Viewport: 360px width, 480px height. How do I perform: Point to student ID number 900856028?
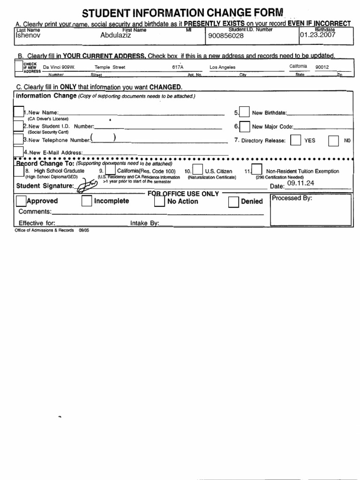[222, 36]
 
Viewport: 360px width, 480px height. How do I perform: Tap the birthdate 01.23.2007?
[318, 35]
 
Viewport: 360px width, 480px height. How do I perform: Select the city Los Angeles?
[222, 67]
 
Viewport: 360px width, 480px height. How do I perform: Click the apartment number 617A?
[178, 67]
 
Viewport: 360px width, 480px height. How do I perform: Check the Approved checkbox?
[21, 201]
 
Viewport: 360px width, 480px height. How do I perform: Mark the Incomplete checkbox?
[87, 201]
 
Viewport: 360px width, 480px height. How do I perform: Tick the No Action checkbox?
[159, 202]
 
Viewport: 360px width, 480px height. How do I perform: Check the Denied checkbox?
[233, 202]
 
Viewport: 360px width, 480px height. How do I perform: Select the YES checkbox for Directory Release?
[295, 141]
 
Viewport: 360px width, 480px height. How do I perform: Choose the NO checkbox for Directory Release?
[333, 141]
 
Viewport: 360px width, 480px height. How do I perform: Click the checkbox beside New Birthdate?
[244, 112]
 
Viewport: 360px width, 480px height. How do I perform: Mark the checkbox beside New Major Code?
[244, 127]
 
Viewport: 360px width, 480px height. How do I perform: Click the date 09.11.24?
[300, 183]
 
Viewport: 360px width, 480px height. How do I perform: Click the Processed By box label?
[292, 198]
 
